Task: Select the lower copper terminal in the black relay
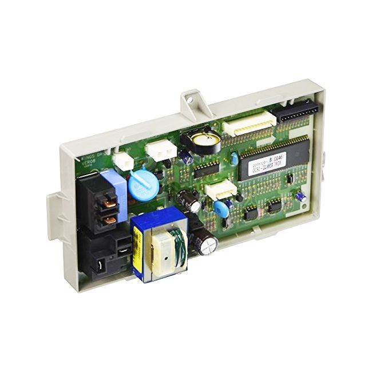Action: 110,219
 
